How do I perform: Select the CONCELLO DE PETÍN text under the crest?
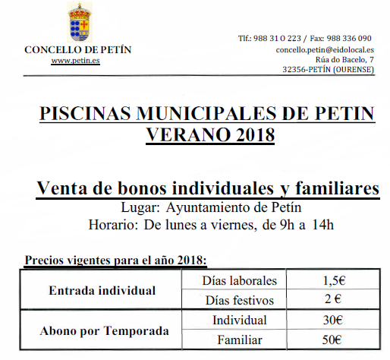(78, 49)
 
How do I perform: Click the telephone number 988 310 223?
(281, 38)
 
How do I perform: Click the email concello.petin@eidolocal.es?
(324, 49)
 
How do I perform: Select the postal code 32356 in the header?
(296, 69)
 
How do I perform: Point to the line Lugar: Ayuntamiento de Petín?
(206, 207)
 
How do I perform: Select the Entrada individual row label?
(102, 290)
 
